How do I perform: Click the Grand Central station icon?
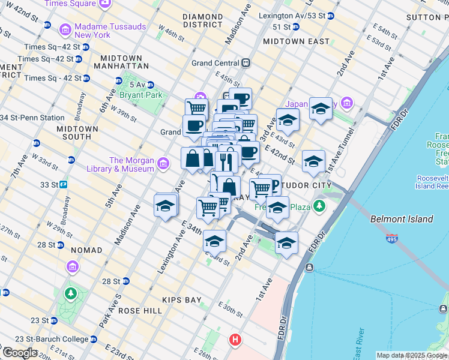tap(246, 63)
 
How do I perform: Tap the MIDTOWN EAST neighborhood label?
tap(297, 41)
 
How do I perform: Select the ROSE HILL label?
tap(140, 311)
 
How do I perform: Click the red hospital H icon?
tap(236, 340)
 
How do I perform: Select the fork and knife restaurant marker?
tap(226, 161)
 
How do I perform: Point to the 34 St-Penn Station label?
tap(34, 118)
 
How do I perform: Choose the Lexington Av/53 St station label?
tap(292, 15)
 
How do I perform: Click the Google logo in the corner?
tap(20, 353)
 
